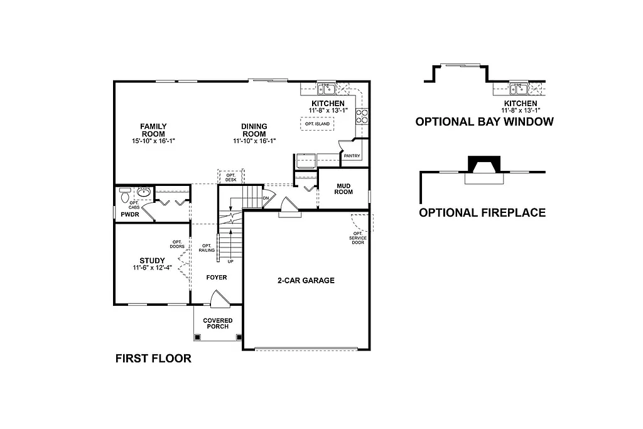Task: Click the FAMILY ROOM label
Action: point(153,130)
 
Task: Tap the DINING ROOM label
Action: point(254,130)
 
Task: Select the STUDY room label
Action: point(152,261)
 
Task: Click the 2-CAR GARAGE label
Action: point(306,281)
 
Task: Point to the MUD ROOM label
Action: point(343,189)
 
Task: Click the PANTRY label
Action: point(352,155)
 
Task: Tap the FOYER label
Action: point(217,277)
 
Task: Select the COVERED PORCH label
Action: point(217,324)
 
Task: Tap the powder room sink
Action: point(144,193)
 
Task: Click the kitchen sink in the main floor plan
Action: point(327,89)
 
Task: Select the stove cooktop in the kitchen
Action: point(362,116)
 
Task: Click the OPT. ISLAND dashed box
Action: point(317,124)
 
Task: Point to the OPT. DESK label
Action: point(231,177)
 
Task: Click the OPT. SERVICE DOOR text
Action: point(358,238)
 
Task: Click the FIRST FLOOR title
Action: point(153,359)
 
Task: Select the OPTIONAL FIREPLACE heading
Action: point(482,213)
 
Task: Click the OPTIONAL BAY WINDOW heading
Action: point(484,122)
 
